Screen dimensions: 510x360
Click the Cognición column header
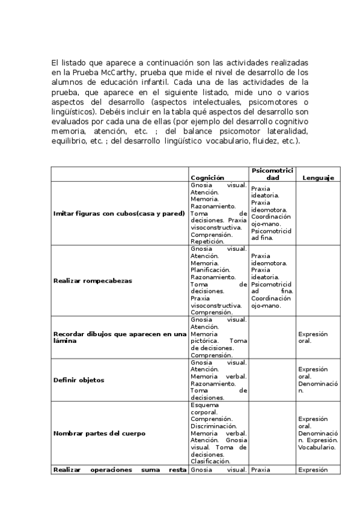pos(207,177)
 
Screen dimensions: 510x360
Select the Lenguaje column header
pos(318,177)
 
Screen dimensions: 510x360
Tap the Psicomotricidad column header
pos(271,174)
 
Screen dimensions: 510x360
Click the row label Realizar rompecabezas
pos(93,280)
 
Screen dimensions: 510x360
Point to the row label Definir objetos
pos(79,380)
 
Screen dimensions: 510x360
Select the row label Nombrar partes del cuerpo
pos(99,433)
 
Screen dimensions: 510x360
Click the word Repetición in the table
pos(208,241)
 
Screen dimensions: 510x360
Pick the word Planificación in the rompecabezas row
pos(212,270)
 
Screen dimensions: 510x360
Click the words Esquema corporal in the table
pos(207,408)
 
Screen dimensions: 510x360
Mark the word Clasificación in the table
pos(212,461)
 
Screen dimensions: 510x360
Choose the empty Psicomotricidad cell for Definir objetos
pos(271,380)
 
